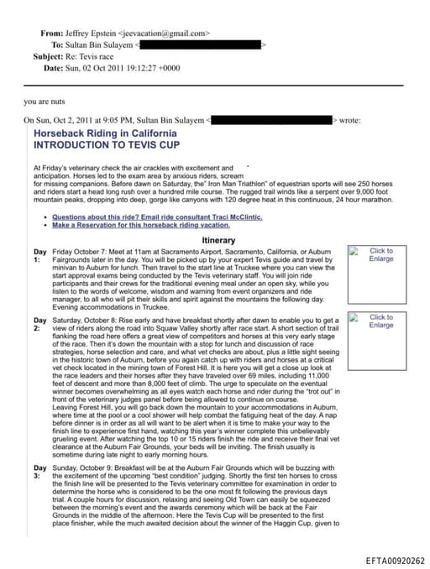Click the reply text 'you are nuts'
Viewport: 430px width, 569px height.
(x=45, y=102)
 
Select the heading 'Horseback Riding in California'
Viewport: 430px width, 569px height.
(x=105, y=133)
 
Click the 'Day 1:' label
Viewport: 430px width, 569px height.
(x=39, y=255)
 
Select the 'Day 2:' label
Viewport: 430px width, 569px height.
(x=39, y=324)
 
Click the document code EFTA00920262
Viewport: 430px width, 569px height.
(x=395, y=561)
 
